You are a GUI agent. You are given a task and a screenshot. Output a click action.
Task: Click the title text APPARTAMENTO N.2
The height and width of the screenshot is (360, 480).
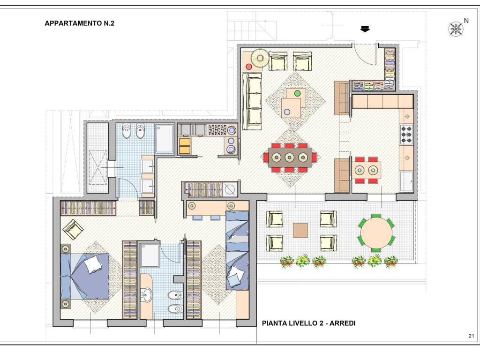click(x=79, y=23)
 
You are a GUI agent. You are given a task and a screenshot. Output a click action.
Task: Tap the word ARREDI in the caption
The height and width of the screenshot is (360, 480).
click(x=342, y=323)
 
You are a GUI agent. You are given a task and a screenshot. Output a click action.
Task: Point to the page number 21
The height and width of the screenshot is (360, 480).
click(x=471, y=336)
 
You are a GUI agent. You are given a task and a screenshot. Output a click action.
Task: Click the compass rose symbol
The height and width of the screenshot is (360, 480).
click(x=456, y=29)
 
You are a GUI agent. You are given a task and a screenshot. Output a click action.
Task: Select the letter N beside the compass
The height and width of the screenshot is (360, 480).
click(x=466, y=21)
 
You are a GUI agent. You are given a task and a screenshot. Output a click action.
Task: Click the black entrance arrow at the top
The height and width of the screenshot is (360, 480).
click(x=365, y=29)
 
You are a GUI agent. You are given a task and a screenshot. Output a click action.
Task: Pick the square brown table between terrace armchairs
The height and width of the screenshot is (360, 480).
click(x=300, y=230)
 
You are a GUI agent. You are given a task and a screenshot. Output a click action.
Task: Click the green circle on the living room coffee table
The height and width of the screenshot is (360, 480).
click(x=297, y=93)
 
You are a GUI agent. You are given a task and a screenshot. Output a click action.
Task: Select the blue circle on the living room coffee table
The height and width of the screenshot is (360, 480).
click(x=287, y=112)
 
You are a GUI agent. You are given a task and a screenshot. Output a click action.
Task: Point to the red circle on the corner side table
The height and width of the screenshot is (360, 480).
click(x=248, y=67)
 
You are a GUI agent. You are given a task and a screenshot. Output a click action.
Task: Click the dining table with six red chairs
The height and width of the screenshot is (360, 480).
click(x=290, y=157)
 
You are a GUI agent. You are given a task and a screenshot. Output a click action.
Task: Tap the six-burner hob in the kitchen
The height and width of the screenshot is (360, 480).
click(x=406, y=134)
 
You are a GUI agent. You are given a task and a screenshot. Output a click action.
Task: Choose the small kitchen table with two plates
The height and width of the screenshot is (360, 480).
click(x=366, y=170)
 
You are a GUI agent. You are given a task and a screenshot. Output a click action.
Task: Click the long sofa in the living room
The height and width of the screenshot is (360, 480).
click(x=252, y=101)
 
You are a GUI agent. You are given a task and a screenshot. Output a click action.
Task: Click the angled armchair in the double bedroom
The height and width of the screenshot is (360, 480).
click(x=73, y=229)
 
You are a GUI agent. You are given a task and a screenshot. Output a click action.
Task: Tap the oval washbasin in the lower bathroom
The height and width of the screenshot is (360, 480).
click(x=147, y=295)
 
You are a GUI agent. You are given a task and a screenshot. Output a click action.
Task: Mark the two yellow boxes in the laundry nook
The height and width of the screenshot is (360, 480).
click(x=185, y=146)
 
